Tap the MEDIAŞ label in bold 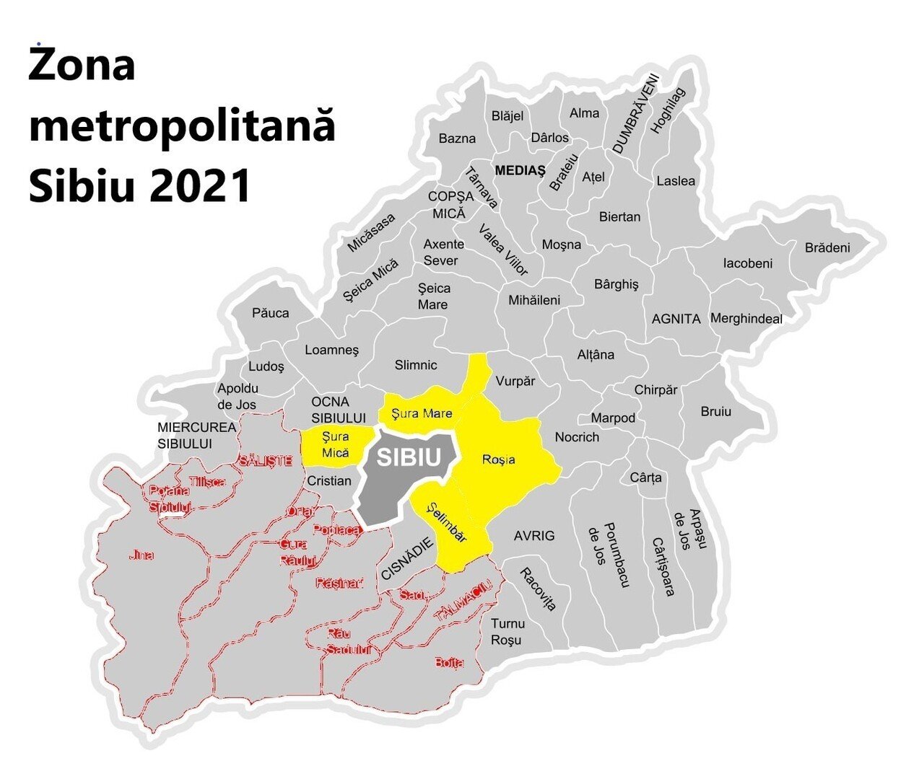click(x=521, y=170)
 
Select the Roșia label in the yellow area click(x=499, y=459)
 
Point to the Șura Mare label click(x=422, y=413)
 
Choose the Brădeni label click(x=827, y=248)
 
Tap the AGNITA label click(x=676, y=318)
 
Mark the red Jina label click(x=141, y=555)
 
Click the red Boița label click(x=449, y=662)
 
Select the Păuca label click(x=271, y=313)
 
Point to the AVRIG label click(x=534, y=536)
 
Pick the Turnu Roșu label click(x=508, y=631)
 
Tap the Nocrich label click(x=577, y=436)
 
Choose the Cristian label click(x=329, y=480)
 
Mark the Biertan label click(x=619, y=216)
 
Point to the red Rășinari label click(x=339, y=583)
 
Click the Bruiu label click(x=715, y=412)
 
